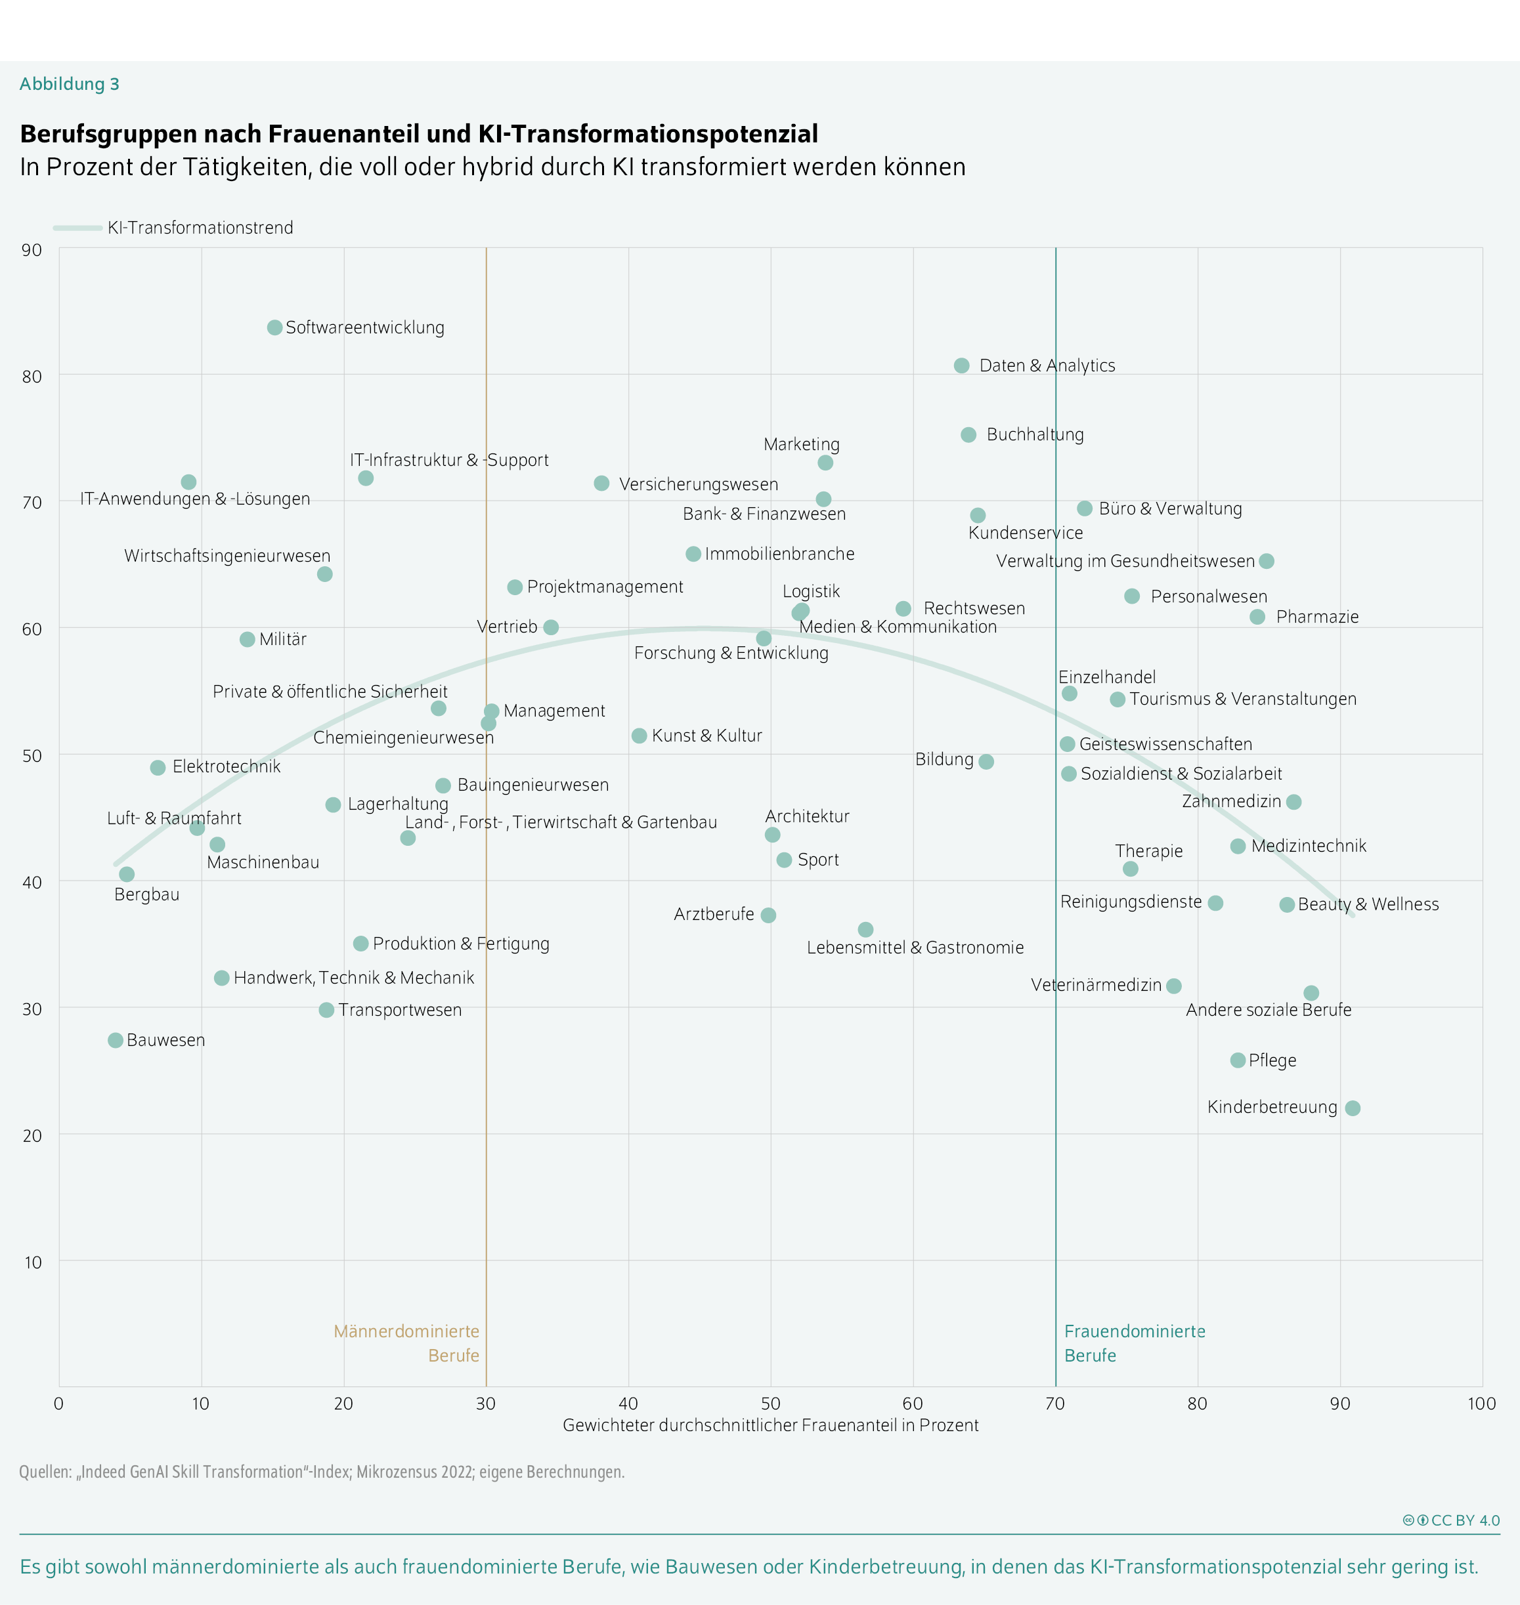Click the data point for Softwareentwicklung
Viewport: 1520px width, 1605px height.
274,327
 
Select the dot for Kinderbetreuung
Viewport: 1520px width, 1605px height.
1353,1108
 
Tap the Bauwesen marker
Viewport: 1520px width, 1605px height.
116,1040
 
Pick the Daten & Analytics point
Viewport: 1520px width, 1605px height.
962,365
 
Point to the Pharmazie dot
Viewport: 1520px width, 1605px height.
1257,617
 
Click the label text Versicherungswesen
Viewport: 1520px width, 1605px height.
699,484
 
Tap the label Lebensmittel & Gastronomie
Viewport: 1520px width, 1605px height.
915,948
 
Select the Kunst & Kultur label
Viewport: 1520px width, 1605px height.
706,736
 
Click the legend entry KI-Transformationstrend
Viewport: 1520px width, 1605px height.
200,228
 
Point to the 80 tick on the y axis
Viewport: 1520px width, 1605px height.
32,377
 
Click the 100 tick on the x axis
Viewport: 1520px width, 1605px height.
1482,1404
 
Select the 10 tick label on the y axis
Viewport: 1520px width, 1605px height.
32,1262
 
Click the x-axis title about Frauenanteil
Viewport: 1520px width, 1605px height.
771,1426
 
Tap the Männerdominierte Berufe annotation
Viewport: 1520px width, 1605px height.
406,1343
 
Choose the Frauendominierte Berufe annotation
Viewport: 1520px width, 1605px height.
1135,1343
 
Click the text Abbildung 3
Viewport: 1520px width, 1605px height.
70,84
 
